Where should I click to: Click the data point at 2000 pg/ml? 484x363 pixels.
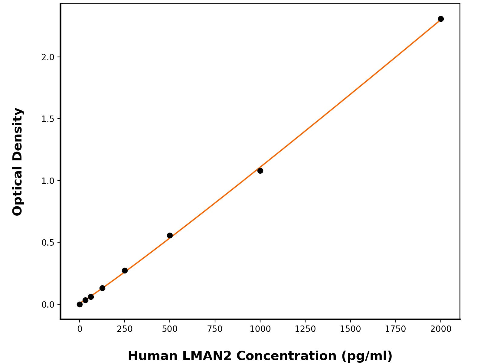pyautogui.click(x=441, y=19)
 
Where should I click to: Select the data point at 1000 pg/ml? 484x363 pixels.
pyautogui.click(x=260, y=171)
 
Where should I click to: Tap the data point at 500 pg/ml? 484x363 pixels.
pyautogui.click(x=170, y=235)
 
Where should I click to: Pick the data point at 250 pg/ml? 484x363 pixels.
pyautogui.click(x=125, y=270)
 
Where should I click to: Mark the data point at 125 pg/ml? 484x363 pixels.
pyautogui.click(x=102, y=288)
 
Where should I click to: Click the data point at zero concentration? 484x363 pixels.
pyautogui.click(x=80, y=304)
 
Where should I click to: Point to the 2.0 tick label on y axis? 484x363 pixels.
pyautogui.click(x=47, y=57)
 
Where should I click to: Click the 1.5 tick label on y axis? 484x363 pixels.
pyautogui.click(x=47, y=119)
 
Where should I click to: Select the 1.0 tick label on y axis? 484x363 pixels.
pyautogui.click(x=47, y=181)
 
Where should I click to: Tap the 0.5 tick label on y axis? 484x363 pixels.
pyautogui.click(x=47, y=243)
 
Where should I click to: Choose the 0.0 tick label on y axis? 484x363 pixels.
pyautogui.click(x=47, y=305)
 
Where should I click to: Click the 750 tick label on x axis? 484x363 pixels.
pyautogui.click(x=215, y=329)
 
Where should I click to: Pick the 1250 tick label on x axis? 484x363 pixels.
pyautogui.click(x=305, y=329)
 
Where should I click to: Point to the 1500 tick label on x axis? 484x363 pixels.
pyautogui.click(x=350, y=329)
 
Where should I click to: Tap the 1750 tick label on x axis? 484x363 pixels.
pyautogui.click(x=395, y=329)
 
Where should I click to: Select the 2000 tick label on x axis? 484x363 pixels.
pyautogui.click(x=441, y=329)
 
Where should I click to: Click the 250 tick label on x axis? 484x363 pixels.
pyautogui.click(x=125, y=329)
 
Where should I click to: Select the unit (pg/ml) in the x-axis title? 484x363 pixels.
pyautogui.click(x=367, y=356)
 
